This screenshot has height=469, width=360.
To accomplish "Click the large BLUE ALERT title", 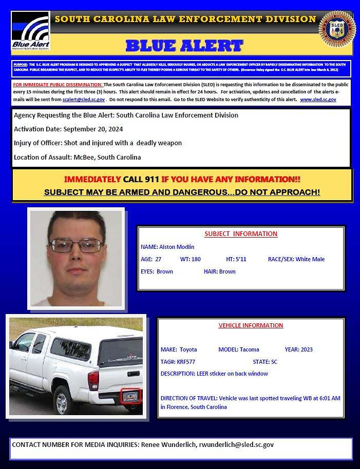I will pyautogui.click(x=184, y=46).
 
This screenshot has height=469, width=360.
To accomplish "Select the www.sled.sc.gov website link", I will pyautogui.click(x=318, y=100).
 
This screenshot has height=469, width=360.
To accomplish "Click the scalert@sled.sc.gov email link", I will pyautogui.click(x=84, y=100).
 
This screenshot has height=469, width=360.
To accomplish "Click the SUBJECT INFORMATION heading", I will pyautogui.click(x=241, y=234).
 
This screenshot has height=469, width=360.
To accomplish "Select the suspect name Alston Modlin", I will pyautogui.click(x=169, y=247).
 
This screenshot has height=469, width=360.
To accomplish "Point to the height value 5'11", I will pyautogui.click(x=240, y=259).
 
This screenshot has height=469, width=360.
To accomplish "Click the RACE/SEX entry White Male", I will pyautogui.click(x=310, y=259).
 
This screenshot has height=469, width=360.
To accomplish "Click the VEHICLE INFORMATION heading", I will pyautogui.click(x=251, y=325).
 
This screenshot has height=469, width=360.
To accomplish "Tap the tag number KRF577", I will pyautogui.click(x=185, y=362).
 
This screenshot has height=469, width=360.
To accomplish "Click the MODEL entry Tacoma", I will pyautogui.click(x=249, y=349).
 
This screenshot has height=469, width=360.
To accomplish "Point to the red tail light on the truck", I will pyautogui.click(x=93, y=380).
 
